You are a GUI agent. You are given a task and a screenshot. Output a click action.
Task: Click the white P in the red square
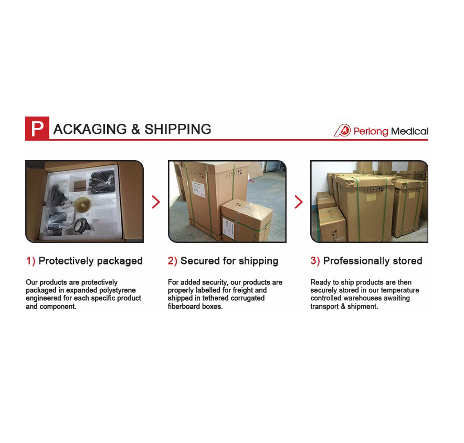pos(37,129)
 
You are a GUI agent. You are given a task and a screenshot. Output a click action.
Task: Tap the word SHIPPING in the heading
pos(177,129)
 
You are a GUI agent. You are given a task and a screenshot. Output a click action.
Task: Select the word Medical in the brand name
pos(409,131)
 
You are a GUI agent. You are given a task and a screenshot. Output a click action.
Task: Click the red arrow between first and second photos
pos(156,202)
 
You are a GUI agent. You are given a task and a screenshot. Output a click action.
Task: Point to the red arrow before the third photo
pos(299,202)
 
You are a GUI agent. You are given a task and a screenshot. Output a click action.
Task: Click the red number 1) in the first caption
pos(30,261)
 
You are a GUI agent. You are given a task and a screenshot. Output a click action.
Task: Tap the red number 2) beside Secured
pos(172,261)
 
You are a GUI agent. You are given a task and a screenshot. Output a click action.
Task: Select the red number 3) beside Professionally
pos(315,261)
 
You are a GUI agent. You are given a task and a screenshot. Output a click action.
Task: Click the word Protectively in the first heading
pos(66,261)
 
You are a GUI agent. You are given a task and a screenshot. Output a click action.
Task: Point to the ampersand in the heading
pos(135,129)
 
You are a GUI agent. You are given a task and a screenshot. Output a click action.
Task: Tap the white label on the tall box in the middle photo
pos(199,188)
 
